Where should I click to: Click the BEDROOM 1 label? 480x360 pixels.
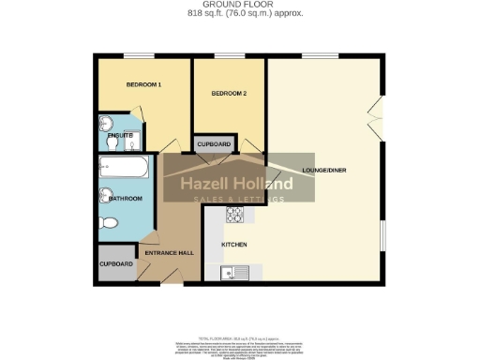click(144, 85)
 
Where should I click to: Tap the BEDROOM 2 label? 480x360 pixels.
click(229, 93)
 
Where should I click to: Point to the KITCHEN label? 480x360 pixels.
click(233, 244)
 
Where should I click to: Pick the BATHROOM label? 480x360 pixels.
click(125, 199)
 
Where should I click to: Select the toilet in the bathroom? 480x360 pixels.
click(109, 222)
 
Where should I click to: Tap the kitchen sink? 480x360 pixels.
click(232, 273)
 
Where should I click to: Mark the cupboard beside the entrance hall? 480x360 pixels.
click(116, 264)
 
